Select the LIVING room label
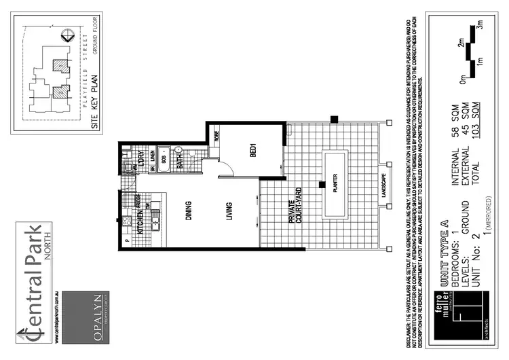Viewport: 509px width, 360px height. coord(231,211)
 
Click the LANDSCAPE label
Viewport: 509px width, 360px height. coord(384,185)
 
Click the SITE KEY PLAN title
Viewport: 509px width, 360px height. coord(95,101)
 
